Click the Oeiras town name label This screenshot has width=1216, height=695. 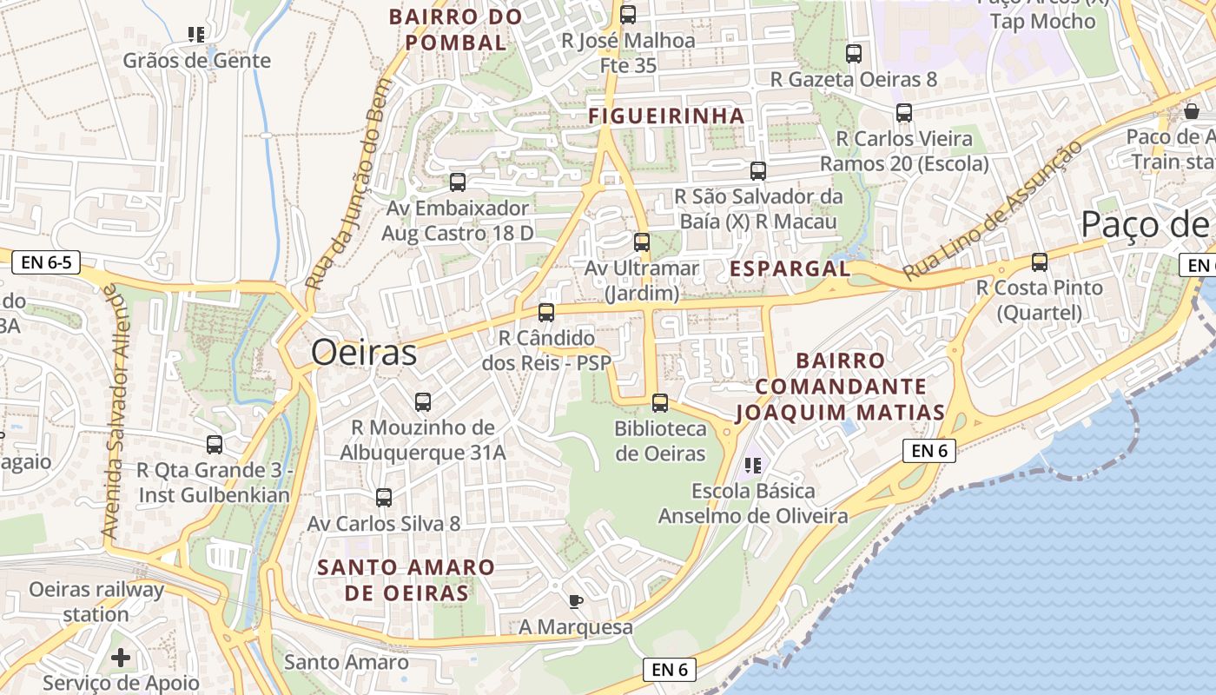pyautogui.click(x=364, y=353)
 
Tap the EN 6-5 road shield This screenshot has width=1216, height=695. pyautogui.click(x=48, y=261)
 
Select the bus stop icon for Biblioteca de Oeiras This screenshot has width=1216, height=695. pyautogui.click(x=660, y=403)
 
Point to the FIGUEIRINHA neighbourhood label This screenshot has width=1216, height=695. pyautogui.click(x=666, y=116)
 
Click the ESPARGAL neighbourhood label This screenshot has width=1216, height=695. pyautogui.click(x=790, y=268)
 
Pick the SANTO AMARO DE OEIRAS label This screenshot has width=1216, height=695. pyautogui.click(x=406, y=580)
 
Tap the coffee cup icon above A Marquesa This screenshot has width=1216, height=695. pyautogui.click(x=575, y=601)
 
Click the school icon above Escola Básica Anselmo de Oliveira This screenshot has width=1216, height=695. pyautogui.click(x=753, y=466)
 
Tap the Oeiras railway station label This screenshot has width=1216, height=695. pyautogui.click(x=96, y=602)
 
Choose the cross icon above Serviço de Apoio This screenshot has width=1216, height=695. pyautogui.click(x=121, y=658)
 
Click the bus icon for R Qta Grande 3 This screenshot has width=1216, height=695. pyautogui.click(x=215, y=445)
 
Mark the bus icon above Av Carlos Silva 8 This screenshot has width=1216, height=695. pyautogui.click(x=384, y=498)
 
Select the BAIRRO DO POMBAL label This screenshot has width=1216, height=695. pyautogui.click(x=455, y=30)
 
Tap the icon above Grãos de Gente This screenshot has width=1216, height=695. pyautogui.click(x=196, y=35)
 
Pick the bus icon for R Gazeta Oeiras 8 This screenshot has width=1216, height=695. pyautogui.click(x=854, y=54)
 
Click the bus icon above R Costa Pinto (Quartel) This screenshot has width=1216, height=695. pyautogui.click(x=1039, y=262)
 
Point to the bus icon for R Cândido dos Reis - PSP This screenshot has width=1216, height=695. pyautogui.click(x=546, y=313)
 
